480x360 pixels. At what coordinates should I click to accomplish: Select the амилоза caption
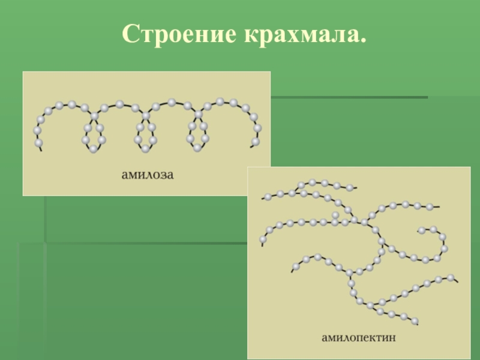pyautogui.click(x=147, y=175)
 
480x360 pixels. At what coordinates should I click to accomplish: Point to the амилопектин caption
pyautogui.click(x=359, y=338)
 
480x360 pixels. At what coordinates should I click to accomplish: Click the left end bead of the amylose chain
pyautogui.click(x=39, y=143)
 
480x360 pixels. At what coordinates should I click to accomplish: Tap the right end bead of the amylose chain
pyautogui.click(x=256, y=142)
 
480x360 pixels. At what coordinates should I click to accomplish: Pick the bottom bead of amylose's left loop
pyautogui.click(x=94, y=148)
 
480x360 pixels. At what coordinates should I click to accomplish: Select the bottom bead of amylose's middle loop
pyautogui.click(x=145, y=148)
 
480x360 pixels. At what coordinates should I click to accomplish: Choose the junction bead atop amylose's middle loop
pyautogui.click(x=146, y=115)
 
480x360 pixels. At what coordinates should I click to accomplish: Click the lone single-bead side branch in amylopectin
pyautogui.click(x=335, y=215)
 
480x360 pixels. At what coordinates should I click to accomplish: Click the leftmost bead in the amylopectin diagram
pyautogui.click(x=263, y=239)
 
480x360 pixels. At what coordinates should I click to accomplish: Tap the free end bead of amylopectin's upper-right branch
pyautogui.click(x=430, y=208)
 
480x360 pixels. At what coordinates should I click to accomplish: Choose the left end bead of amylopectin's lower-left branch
pyautogui.click(x=296, y=266)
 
